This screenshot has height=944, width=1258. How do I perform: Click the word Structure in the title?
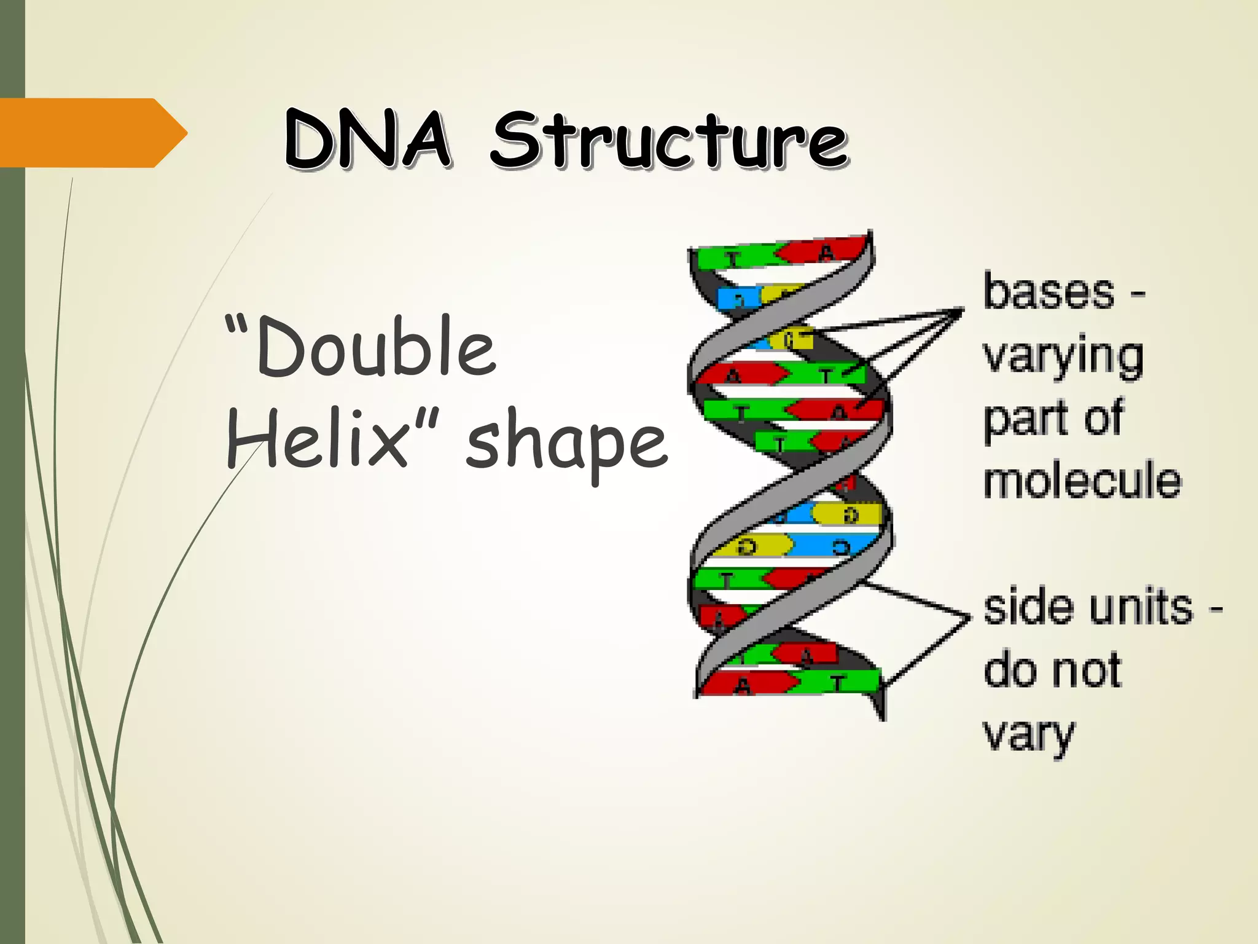pos(670,141)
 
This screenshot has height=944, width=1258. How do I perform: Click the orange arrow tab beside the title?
pos(92,133)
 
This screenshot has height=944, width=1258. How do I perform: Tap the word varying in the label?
pos(1063,356)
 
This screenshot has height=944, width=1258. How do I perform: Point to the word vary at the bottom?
pos(1029,734)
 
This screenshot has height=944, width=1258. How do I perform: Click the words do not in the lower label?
pos(1052,670)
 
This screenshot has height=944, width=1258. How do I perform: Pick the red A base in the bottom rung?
pos(743,684)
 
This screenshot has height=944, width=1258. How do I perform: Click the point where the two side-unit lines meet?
pos(969,616)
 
